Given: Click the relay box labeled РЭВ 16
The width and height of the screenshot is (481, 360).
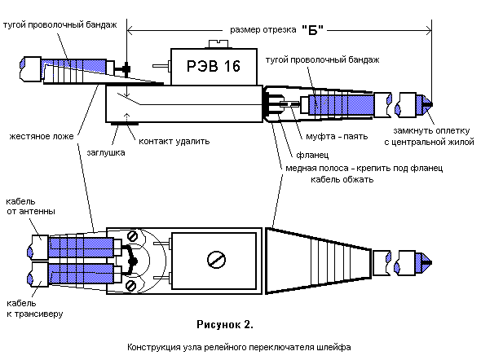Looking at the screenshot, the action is coord(214,66).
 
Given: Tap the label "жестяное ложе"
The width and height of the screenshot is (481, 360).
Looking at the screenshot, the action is coord(42,136).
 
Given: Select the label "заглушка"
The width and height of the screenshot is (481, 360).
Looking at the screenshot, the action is coord(106,152).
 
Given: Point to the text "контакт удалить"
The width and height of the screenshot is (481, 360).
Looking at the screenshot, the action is coord(174,141).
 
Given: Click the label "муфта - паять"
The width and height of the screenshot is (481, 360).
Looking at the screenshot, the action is coord(337,136).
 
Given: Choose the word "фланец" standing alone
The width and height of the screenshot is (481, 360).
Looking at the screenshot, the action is coord(312,155).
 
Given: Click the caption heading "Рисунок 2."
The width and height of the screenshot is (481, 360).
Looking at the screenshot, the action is coord(225,324).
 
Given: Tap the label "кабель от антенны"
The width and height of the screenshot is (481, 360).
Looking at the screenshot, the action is coord(31,207).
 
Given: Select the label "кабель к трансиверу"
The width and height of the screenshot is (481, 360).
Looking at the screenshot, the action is coord(35,309).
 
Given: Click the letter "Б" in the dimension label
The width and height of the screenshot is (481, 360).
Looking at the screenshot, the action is coord(312,30).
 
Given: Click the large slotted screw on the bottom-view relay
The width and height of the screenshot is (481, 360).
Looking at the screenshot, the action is coord(216,260).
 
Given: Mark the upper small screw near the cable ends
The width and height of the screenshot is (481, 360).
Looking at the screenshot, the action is coord(132,236).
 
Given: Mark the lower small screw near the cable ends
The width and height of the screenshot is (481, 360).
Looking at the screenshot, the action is coord(131,286).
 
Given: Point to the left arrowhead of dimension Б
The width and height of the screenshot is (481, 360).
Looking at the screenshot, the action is coord(130,30).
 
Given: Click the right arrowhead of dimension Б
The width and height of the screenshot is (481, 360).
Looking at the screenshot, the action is coord(429,30).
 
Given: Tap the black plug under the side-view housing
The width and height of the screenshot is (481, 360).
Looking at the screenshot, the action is coord(124,124).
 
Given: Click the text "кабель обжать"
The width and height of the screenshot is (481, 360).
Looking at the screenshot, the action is coord(342,179).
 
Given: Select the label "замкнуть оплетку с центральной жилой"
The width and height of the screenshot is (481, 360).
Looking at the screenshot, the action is coord(429,136).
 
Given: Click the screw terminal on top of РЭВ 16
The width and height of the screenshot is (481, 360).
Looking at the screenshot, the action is coord(218,44).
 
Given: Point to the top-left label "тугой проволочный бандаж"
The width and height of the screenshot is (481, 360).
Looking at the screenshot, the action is coord(60,24).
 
